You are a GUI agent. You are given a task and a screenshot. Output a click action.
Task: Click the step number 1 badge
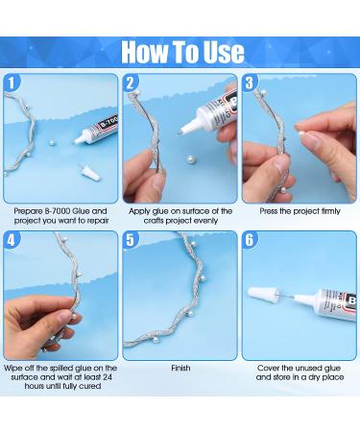tap(12, 84)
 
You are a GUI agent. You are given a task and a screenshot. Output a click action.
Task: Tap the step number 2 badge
tap(131, 84)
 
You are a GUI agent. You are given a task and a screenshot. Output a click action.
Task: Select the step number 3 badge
tap(250, 84)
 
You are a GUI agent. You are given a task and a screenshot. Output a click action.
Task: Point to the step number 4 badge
tap(12, 240)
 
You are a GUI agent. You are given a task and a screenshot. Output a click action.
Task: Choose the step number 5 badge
tap(131, 240)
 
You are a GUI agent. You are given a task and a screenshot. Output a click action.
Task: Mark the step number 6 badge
tap(250, 240)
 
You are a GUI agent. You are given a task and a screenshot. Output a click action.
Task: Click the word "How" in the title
tap(145, 52)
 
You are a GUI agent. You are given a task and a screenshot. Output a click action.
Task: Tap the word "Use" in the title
tap(224, 52)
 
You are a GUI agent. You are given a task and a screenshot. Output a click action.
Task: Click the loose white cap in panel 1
tap(89, 173)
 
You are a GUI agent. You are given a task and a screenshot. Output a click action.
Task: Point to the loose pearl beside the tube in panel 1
tap(51, 142)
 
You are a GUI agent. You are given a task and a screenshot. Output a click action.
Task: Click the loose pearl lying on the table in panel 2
tap(191, 158)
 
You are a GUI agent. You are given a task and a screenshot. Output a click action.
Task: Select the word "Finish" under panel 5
tap(180, 368)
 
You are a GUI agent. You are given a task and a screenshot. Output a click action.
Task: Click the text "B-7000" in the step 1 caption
tap(58, 211)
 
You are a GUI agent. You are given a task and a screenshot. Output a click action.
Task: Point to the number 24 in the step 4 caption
tap(108, 377)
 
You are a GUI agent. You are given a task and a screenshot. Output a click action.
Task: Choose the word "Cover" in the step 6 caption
tap(269, 368)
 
